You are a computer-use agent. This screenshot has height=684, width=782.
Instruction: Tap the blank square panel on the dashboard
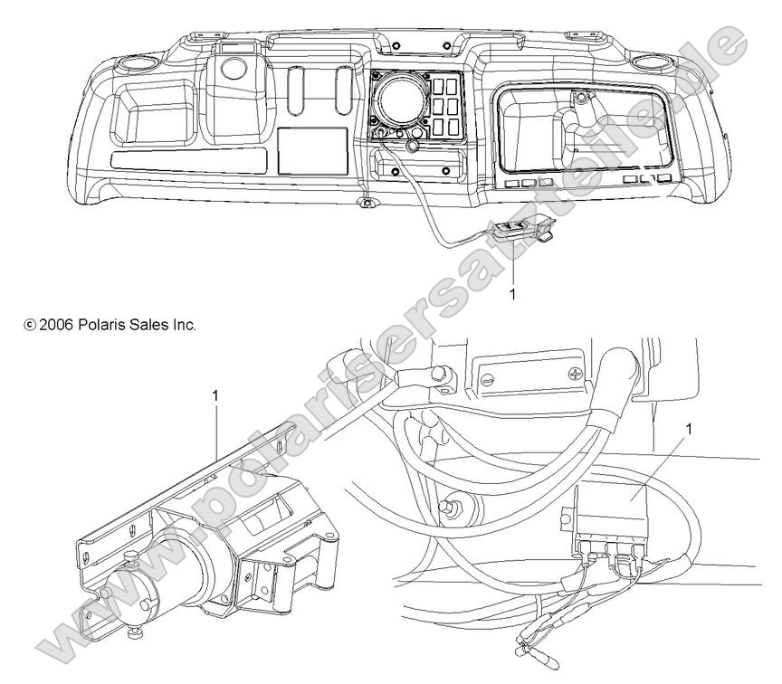pyautogui.click(x=311, y=150)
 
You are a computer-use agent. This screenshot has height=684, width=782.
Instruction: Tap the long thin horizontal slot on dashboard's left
pyautogui.click(x=190, y=162)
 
